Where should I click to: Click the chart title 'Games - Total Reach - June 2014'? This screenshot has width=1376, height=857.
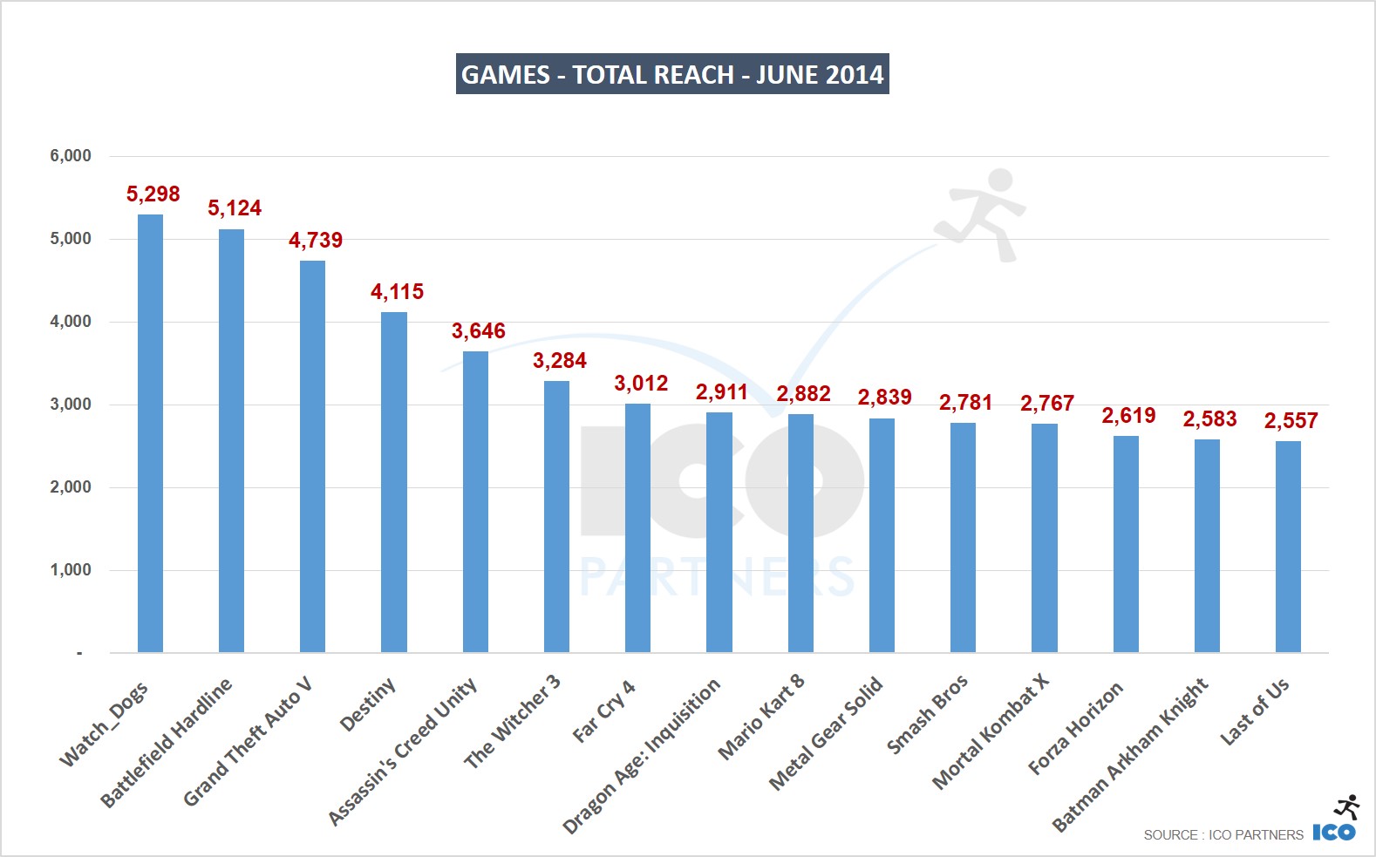(x=672, y=74)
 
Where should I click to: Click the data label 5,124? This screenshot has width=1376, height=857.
(x=234, y=208)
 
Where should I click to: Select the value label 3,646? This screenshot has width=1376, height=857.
(x=478, y=331)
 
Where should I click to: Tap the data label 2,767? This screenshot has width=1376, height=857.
(x=1046, y=404)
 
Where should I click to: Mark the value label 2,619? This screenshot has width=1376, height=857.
(x=1128, y=416)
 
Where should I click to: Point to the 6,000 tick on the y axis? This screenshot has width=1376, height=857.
(x=71, y=156)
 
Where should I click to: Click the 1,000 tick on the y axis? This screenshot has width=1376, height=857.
(x=71, y=570)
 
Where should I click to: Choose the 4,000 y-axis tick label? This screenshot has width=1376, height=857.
(x=71, y=322)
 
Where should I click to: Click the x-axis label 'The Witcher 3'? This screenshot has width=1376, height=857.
(x=513, y=722)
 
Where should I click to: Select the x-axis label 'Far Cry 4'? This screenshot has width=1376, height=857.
(x=604, y=711)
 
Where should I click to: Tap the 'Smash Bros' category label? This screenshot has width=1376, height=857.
(x=927, y=714)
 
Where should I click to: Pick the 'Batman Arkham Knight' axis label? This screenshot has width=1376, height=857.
(x=1131, y=755)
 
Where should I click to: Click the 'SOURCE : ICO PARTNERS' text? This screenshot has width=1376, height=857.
(x=1223, y=835)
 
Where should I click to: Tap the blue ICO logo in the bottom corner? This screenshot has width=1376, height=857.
(x=1334, y=832)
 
